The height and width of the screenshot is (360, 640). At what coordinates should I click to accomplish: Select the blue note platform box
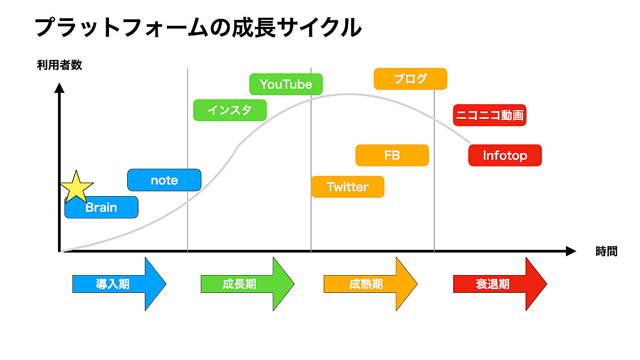pos(164,180)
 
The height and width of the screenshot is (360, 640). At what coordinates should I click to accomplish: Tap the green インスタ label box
pos(230,110)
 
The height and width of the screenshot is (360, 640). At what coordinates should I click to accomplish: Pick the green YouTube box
pos(286,84)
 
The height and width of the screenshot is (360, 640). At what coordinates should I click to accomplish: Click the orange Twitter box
pos(347,187)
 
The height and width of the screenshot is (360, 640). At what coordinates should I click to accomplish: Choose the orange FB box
pos(392,155)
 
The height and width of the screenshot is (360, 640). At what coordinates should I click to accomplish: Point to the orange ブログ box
pos(410,79)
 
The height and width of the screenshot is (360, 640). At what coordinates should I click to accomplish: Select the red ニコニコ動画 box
pos(489,115)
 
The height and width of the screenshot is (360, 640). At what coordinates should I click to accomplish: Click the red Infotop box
pos(505,155)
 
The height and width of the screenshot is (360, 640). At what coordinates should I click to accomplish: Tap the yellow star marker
pos(76,188)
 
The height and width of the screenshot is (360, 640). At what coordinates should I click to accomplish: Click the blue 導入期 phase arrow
pos(119,284)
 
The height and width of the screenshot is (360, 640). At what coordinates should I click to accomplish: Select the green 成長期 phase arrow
pos(248,284)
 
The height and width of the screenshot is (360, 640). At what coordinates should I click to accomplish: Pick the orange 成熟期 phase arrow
pos(370,284)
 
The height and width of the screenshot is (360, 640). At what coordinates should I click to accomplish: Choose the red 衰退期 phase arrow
pos(500,284)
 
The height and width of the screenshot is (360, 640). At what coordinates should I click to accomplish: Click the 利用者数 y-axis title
pos(60,65)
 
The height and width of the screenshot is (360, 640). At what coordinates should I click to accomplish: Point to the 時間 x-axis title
pos(607,251)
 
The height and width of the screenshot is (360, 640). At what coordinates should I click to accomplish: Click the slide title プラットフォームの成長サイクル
pos(198,27)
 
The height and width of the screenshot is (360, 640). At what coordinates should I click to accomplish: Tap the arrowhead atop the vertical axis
pos(60,88)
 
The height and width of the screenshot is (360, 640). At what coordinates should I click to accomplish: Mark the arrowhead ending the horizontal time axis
pos(571,251)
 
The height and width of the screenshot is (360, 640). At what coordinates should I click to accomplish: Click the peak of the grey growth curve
pos(348,95)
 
